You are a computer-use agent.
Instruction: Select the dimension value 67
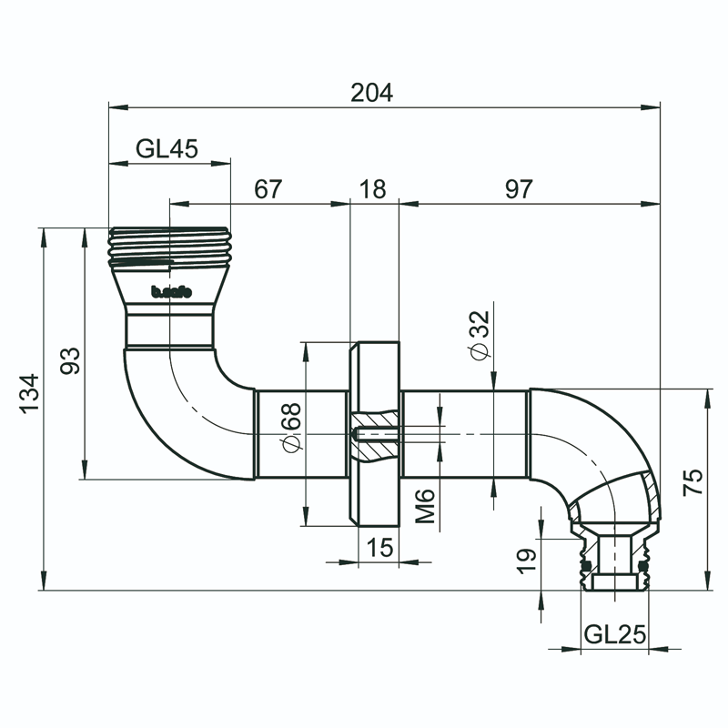(x=268, y=189)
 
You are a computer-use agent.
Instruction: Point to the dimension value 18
(x=373, y=189)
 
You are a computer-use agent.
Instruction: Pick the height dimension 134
(x=30, y=393)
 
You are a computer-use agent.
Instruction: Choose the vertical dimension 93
(x=71, y=360)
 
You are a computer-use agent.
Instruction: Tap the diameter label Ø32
(x=480, y=335)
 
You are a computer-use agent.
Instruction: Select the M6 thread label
(x=428, y=506)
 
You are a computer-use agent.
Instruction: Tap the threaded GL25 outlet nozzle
(x=615, y=564)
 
